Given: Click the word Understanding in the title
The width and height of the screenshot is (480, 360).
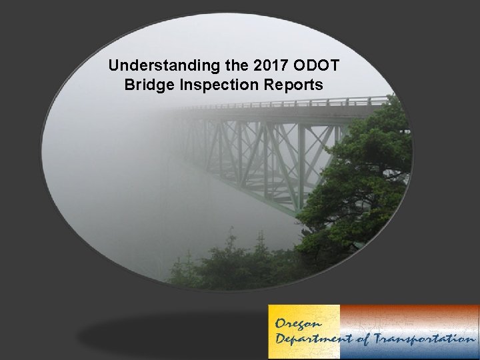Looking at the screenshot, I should tap(148, 67).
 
